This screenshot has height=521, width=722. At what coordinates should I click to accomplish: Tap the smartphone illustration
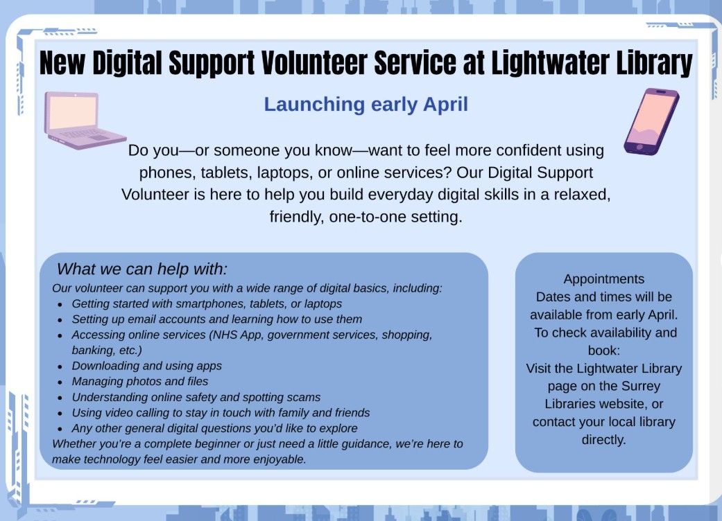tap(651, 121)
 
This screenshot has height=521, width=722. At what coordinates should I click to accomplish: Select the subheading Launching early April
tap(366, 105)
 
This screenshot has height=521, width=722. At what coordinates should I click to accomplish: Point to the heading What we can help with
tap(142, 269)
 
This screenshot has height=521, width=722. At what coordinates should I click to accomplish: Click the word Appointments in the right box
tap(603, 279)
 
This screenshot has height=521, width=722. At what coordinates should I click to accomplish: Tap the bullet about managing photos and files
tap(140, 381)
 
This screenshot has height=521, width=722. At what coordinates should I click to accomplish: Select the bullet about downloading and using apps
tap(147, 365)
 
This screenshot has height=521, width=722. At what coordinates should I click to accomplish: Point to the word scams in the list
tap(303, 397)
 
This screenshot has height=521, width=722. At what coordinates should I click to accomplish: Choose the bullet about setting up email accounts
tap(217, 319)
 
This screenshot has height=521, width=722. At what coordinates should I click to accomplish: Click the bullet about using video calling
tap(221, 412)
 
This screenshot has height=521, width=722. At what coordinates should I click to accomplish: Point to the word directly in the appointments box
tap(603, 439)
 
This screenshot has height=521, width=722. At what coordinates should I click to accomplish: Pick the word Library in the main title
tap(653, 64)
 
